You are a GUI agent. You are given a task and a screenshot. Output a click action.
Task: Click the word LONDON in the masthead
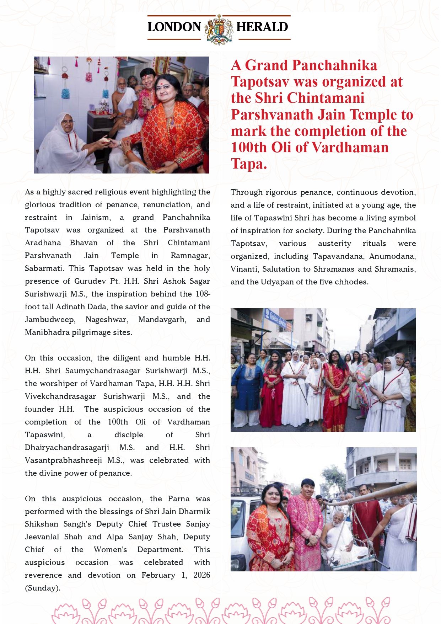click(x=174, y=27)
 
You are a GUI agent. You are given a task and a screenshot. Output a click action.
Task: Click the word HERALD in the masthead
click(x=262, y=27)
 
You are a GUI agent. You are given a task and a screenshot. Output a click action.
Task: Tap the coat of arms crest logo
click(x=219, y=29)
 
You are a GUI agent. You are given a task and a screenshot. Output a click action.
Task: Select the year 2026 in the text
click(x=201, y=575)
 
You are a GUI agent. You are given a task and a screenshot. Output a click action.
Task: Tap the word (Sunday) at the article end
click(x=42, y=588)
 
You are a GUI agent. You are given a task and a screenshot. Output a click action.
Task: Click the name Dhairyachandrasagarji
click(x=67, y=447)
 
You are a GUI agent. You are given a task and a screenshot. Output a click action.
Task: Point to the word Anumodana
click(x=392, y=256)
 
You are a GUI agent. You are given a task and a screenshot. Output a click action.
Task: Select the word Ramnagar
click(x=190, y=255)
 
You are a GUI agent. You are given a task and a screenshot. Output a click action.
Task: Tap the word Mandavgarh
click(x=162, y=319)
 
